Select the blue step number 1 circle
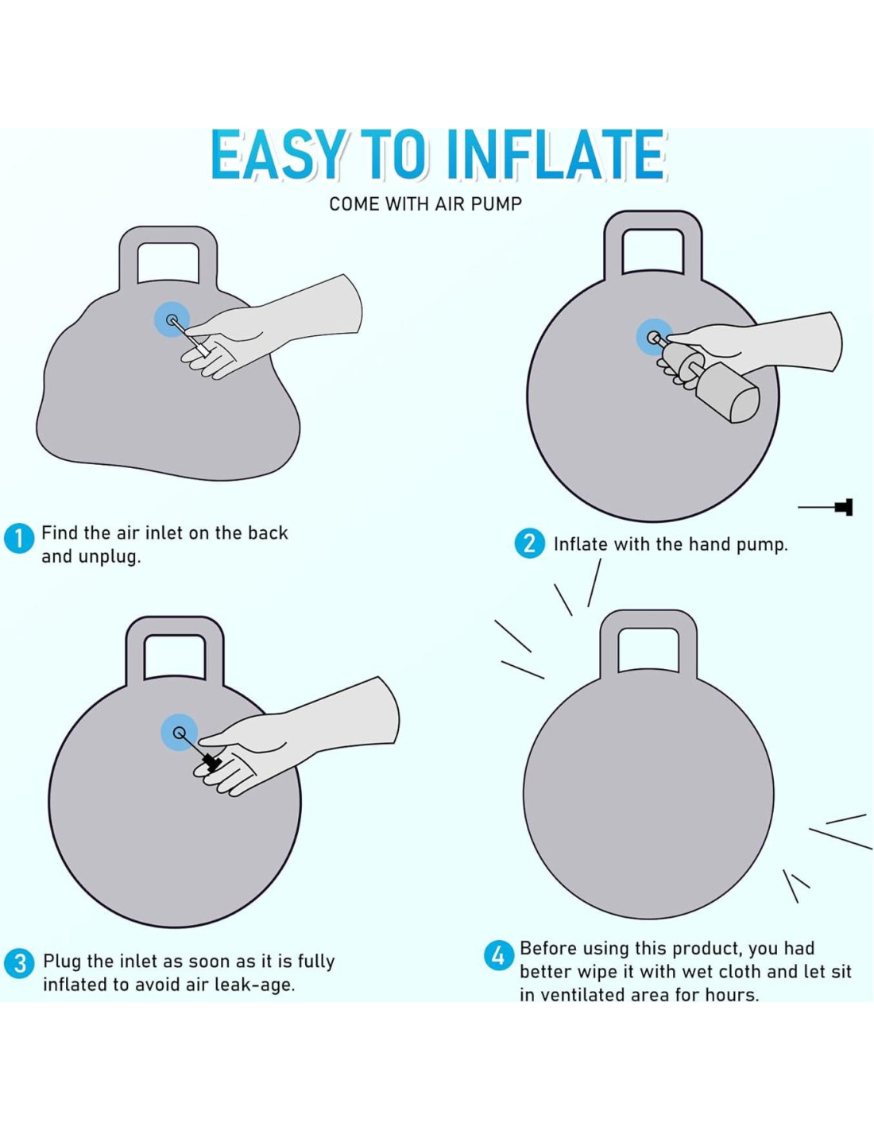(19, 540)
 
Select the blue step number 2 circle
(530, 544)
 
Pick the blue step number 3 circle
(19, 963)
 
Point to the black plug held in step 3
(211, 761)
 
